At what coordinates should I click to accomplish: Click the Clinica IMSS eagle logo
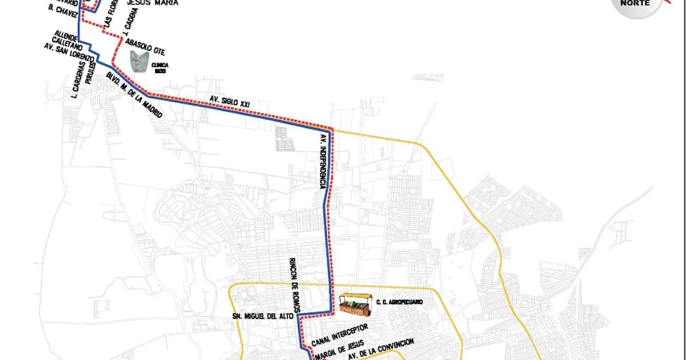click(140, 62)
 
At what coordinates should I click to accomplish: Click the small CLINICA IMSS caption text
click(160, 68)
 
